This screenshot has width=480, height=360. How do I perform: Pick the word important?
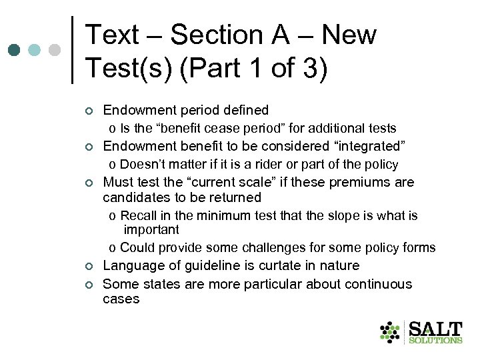coord(151,229)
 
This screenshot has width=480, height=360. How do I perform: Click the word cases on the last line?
coord(121,299)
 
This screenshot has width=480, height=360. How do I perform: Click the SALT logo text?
coord(435,329)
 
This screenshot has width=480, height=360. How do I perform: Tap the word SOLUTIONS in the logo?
coord(435,341)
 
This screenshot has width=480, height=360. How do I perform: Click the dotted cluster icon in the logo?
coord(391,332)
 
